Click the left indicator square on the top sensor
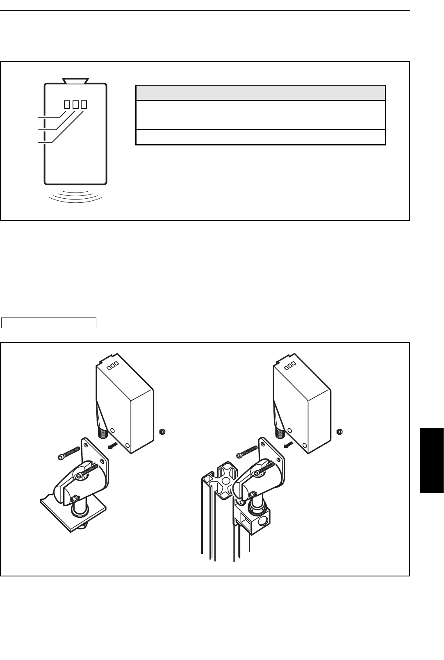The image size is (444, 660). point(66,104)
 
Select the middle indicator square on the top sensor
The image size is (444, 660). point(75,104)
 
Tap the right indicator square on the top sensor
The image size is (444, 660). point(84,104)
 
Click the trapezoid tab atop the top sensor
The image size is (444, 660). point(75,80)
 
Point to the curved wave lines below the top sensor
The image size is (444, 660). point(75,196)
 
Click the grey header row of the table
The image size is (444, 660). point(260,93)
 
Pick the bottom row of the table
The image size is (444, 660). point(260,137)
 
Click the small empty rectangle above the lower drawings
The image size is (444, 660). point(49,322)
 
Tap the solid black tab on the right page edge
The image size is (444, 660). point(432,460)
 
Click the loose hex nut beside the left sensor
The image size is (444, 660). point(162,431)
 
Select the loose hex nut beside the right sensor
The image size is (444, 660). point(339,431)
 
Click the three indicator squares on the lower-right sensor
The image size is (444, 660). point(290,364)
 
